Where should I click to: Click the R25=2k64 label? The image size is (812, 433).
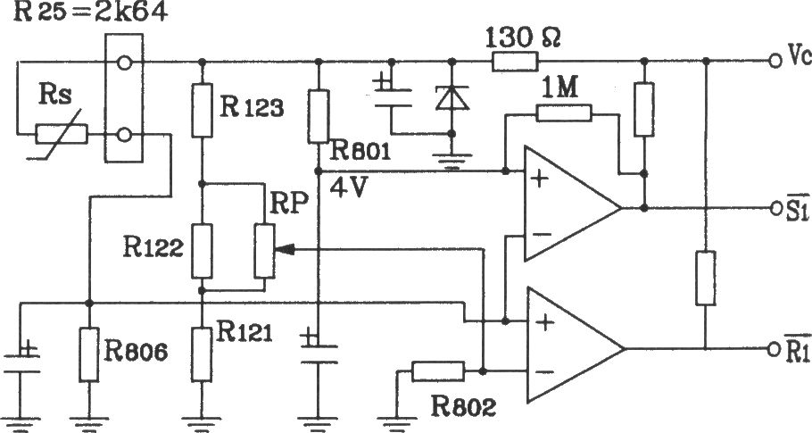tap(90, 12)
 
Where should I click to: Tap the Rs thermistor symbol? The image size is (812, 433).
tap(62, 135)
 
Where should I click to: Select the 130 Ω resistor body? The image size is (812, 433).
tap(515, 62)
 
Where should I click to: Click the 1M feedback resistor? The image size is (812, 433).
tap(563, 112)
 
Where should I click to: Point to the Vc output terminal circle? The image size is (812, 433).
tap(775, 61)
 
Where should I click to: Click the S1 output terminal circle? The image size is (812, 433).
tap(775, 208)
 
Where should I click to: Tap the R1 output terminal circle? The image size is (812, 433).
tap(775, 348)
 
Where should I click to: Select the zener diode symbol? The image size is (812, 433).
tap(452, 98)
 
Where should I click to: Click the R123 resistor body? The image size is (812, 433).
tap(202, 110)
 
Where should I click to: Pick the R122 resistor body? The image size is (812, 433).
tap(202, 251)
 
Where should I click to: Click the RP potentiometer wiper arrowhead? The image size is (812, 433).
tap(284, 250)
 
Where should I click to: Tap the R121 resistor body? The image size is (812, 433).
tap(202, 354)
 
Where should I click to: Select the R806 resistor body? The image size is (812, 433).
tap(89, 354)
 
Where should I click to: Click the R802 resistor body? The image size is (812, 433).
tap(438, 371)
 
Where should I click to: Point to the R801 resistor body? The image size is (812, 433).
tap(319, 116)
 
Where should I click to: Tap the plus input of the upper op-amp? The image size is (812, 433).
tap(540, 179)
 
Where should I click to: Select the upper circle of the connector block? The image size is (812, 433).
tap(124, 63)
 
